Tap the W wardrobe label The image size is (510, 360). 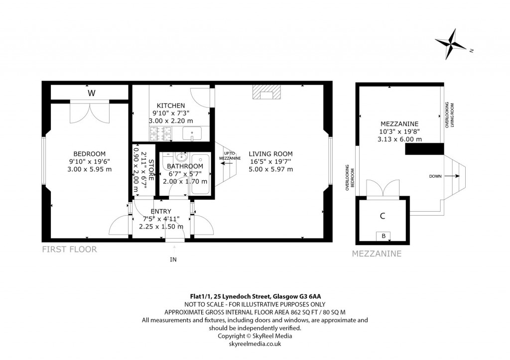point(91,93)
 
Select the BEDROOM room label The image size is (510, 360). point(89,153)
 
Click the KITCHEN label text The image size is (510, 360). point(171,106)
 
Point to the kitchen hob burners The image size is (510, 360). point(160,133)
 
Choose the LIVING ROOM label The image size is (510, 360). point(270,154)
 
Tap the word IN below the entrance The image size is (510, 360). point(173,259)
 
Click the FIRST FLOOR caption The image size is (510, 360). point(69,249)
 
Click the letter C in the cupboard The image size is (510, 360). point(382,216)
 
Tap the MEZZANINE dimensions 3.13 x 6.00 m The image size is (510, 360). point(399,139)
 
